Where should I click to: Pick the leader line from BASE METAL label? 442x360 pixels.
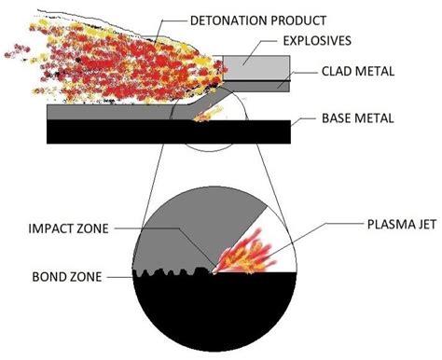[x=305, y=120]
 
